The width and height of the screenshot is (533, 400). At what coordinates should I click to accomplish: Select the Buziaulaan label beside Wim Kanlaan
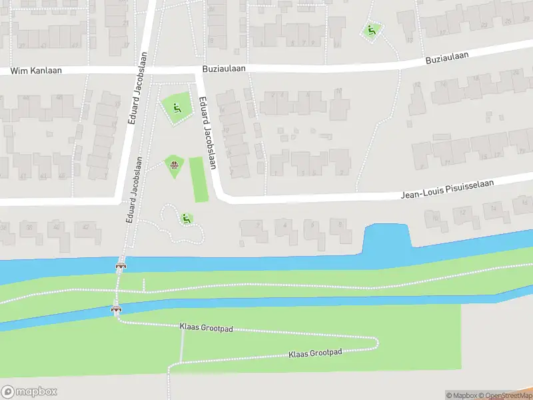coord(225,68)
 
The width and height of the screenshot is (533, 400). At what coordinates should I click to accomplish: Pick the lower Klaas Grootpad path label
coord(315,353)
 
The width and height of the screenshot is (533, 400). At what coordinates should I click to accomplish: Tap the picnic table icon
coord(174,164)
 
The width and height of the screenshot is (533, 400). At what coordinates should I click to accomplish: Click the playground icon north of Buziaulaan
coord(371,29)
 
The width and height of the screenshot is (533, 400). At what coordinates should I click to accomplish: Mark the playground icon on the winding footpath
coord(185,217)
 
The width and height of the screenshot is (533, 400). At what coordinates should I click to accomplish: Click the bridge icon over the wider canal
coord(121,266)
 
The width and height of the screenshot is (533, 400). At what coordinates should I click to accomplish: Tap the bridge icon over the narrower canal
coord(117,309)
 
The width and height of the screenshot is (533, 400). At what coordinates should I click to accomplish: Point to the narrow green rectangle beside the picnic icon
coord(199,179)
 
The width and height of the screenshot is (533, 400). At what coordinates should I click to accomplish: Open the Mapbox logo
coord(29,392)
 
